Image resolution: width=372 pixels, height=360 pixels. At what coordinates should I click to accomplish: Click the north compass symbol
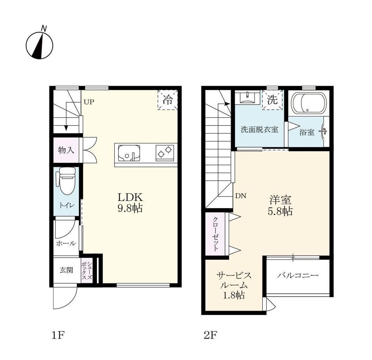(x=40, y=45)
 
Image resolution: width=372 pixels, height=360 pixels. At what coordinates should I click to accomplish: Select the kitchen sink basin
(x=129, y=153)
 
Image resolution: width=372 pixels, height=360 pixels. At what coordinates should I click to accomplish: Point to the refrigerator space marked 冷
(x=168, y=100)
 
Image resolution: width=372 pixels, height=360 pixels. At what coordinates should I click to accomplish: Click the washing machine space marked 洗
(x=272, y=100)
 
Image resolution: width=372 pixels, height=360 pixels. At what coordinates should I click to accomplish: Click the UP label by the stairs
(x=89, y=102)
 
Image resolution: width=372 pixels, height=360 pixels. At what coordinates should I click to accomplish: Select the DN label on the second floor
(x=241, y=196)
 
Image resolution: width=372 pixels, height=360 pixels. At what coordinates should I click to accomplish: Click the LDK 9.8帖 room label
(x=130, y=202)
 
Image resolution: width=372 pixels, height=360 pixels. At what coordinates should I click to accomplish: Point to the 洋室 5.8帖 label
(x=280, y=205)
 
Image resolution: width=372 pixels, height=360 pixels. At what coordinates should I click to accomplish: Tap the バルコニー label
(x=298, y=275)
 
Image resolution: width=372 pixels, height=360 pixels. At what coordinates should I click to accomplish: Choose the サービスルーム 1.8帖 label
(x=234, y=285)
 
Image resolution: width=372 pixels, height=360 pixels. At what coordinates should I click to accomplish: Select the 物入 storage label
(x=66, y=150)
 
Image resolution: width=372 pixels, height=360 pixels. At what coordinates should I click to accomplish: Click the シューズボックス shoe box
(x=86, y=270)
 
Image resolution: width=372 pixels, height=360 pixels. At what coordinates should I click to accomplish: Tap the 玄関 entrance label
(x=66, y=270)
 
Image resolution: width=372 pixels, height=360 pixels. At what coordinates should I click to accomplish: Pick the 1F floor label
(x=58, y=335)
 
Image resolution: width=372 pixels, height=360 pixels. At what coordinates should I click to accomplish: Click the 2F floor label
(x=210, y=335)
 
